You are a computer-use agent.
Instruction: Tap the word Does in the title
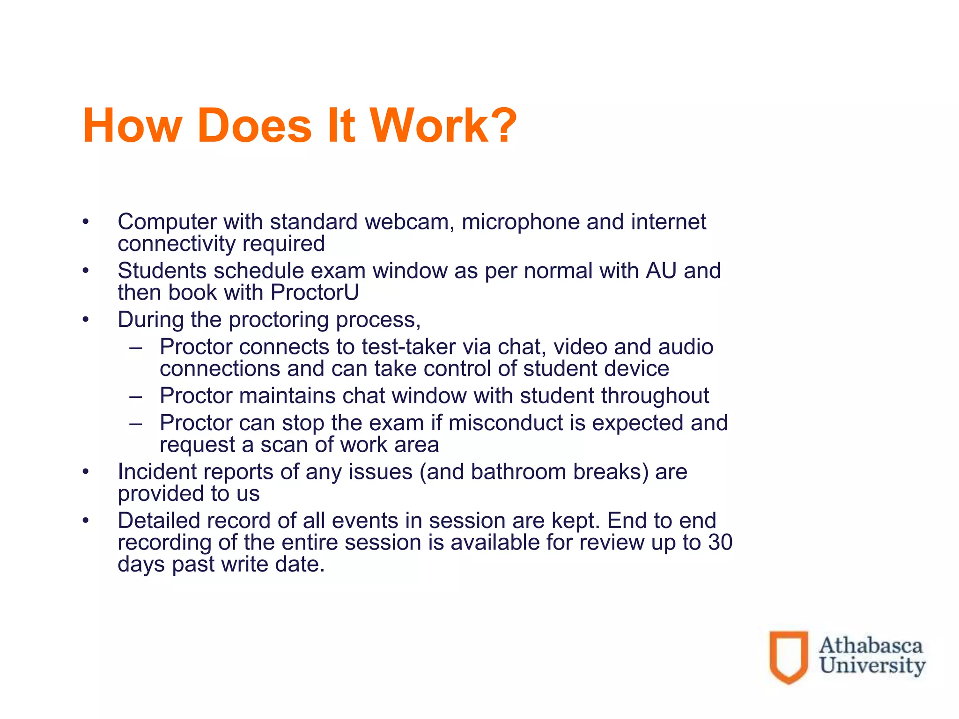(254, 125)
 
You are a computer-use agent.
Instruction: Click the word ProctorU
(315, 293)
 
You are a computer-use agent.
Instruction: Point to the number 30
(720, 543)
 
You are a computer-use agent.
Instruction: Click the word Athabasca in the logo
(870, 646)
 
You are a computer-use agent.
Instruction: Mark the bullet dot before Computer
(85, 222)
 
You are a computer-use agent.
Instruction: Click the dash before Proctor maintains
(136, 396)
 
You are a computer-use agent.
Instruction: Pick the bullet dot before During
(85, 320)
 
